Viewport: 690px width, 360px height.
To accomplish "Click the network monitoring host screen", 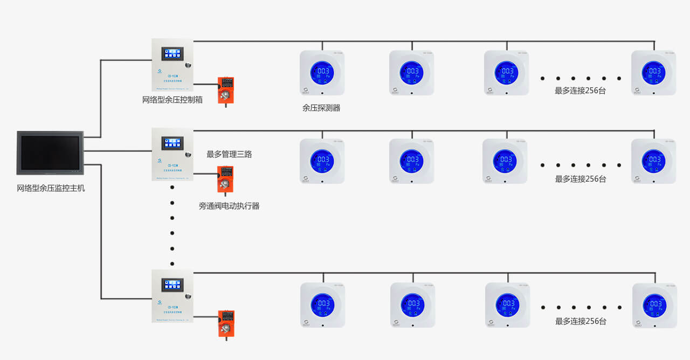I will [50, 153].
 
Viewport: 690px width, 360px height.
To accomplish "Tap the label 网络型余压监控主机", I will [51, 188].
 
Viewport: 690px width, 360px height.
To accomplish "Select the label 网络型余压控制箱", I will [172, 100].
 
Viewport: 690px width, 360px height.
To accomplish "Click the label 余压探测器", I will [321, 108].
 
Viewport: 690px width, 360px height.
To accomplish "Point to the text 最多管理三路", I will [229, 154].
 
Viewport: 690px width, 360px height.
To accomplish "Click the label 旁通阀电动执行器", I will [229, 206].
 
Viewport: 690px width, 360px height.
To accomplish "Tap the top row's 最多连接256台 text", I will [581, 91].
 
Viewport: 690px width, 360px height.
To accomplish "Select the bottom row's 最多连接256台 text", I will [581, 321].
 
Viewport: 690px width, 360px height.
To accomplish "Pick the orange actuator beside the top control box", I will [225, 89].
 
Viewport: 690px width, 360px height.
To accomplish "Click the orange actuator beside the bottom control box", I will [226, 323].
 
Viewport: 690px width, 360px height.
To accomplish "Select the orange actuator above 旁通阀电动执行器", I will [225, 179].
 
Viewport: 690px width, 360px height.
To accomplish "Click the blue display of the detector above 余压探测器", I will [322, 72].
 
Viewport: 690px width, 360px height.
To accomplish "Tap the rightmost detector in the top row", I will [653, 73].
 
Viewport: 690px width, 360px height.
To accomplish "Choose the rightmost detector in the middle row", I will [653, 161].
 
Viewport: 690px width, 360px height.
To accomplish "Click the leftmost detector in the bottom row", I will [322, 305].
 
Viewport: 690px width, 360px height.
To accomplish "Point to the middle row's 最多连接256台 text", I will [581, 179].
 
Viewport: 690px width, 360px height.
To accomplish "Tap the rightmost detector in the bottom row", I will [654, 306].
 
